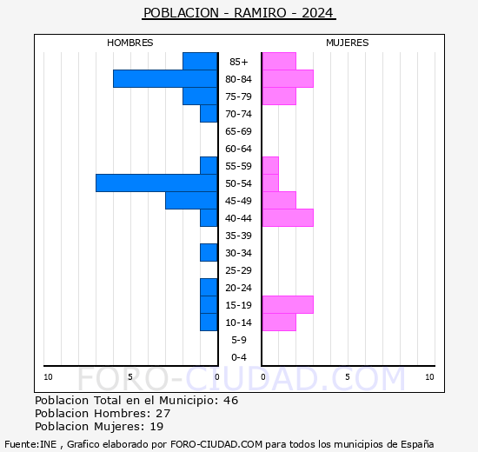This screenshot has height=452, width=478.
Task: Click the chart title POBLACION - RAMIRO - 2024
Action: pos(239,13)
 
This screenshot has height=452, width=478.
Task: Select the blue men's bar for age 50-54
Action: pos(156,183)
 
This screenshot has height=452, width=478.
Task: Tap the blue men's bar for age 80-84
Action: pos(165,78)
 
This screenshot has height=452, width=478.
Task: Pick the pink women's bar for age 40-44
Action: pos(288,217)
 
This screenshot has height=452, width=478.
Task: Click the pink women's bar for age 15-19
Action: pos(288,304)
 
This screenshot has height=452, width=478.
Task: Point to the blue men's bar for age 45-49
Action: pos(191,200)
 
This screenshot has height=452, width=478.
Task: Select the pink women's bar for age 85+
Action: pos(279,61)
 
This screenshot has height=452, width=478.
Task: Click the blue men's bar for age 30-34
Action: pos(209,252)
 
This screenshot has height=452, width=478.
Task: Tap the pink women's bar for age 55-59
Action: pos(270,165)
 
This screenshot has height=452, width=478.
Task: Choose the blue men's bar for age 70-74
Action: pos(209,113)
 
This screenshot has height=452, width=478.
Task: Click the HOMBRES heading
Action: pos(130,43)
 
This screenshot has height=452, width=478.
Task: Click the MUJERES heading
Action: pos(348,43)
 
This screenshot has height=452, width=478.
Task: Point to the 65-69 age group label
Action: pos(239,131)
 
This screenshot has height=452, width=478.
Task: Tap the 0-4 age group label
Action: pos(239,357)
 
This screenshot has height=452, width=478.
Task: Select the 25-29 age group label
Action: pos(239,270)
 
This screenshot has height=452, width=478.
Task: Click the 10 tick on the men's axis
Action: pos(48,376)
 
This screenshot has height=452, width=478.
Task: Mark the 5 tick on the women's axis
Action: pos(348,376)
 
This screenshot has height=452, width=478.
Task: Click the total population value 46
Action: pos(230,401)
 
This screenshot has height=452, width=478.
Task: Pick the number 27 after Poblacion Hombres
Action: pos(163,414)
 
